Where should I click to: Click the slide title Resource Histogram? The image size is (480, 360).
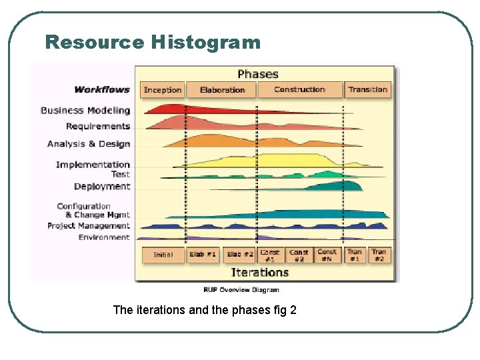(x=153, y=43)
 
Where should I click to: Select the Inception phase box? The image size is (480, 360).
(x=163, y=90)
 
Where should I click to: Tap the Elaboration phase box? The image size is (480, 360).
(x=222, y=90)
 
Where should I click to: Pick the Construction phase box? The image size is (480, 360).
(x=299, y=90)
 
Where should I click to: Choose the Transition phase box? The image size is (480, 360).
(x=367, y=90)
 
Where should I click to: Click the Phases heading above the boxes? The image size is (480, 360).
(x=258, y=74)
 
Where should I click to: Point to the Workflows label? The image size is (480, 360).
(x=103, y=90)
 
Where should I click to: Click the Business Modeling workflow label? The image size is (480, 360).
(x=85, y=111)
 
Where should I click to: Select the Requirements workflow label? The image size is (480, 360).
(x=98, y=127)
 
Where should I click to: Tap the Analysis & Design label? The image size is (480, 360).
(x=89, y=144)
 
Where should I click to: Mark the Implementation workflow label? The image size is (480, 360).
(x=93, y=165)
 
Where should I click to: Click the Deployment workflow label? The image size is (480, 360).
(x=102, y=187)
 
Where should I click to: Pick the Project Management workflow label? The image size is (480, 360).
(x=89, y=226)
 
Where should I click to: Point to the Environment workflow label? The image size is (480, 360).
(x=104, y=237)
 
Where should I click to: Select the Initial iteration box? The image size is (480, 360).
(x=163, y=255)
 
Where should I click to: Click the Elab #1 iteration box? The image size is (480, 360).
(x=203, y=255)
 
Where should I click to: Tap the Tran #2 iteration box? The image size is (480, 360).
(x=379, y=255)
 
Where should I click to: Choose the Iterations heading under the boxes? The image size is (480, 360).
(x=259, y=272)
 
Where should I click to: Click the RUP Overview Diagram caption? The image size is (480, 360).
(x=241, y=290)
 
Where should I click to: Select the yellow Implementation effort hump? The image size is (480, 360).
(x=280, y=161)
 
